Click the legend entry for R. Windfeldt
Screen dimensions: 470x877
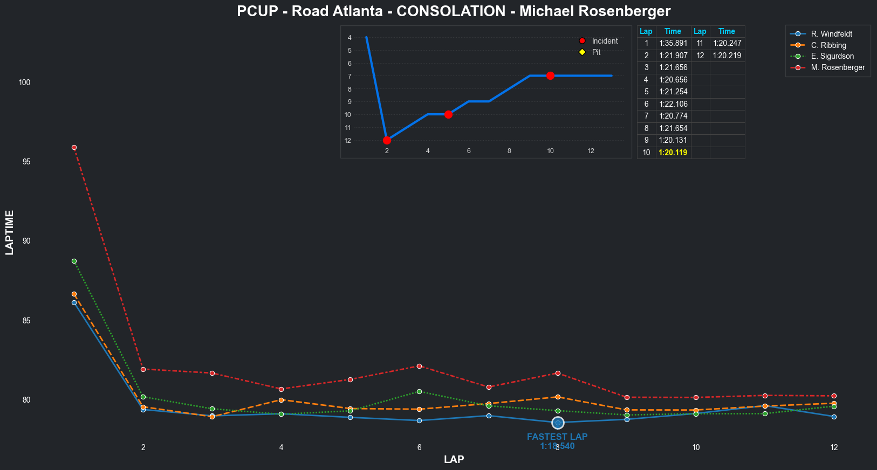click(x=831, y=34)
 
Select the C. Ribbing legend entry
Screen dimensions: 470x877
click(x=828, y=45)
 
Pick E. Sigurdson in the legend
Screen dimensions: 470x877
click(x=832, y=56)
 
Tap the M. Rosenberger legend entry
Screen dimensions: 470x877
click(x=837, y=67)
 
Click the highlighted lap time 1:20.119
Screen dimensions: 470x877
click(x=673, y=153)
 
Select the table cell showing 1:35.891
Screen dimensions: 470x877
click(x=673, y=44)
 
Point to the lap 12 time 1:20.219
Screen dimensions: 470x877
click(x=727, y=56)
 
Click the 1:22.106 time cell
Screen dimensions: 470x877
click(x=673, y=104)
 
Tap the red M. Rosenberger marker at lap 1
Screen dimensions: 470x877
click(x=74, y=147)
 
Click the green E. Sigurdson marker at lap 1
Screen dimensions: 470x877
click(x=74, y=261)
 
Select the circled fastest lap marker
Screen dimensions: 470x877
click(x=558, y=423)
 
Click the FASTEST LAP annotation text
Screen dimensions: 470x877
click(x=557, y=437)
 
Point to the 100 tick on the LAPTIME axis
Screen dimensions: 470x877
click(x=24, y=82)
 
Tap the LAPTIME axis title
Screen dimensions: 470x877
click(x=10, y=232)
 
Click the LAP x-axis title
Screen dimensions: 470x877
click(x=454, y=459)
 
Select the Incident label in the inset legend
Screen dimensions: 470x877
click(x=605, y=41)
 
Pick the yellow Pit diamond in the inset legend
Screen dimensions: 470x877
click(x=582, y=52)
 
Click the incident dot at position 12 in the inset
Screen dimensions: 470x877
click(x=387, y=140)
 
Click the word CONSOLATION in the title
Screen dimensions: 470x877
click(x=451, y=11)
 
